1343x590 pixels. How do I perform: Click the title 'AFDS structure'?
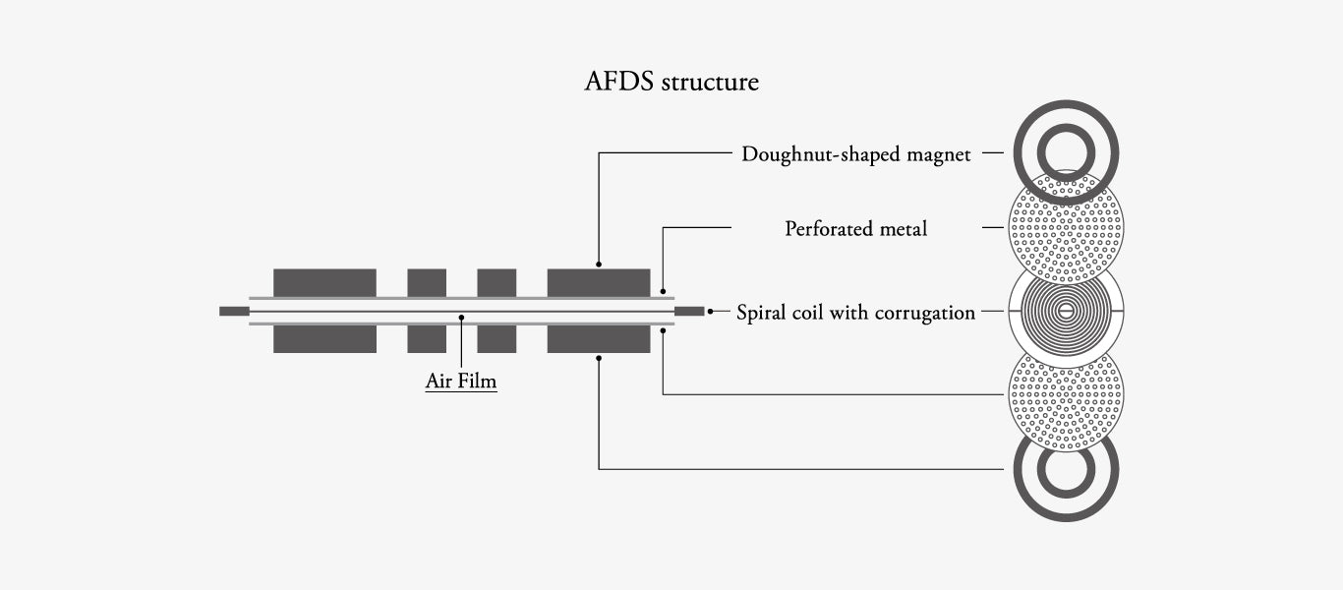pyautogui.click(x=671, y=82)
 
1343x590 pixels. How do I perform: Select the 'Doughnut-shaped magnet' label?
pyautogui.click(x=855, y=154)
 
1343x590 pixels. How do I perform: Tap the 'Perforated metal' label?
pyautogui.click(x=855, y=229)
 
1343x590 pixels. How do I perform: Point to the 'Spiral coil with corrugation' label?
pyautogui.click(x=855, y=313)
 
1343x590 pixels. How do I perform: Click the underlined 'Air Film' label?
pyautogui.click(x=461, y=381)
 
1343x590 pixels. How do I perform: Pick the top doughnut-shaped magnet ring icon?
pyautogui.click(x=1066, y=152)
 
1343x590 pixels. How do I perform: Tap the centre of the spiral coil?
pyautogui.click(x=1066, y=313)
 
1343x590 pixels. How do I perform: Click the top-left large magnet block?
pyautogui.click(x=324, y=282)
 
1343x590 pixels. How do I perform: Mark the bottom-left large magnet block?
pyautogui.click(x=324, y=339)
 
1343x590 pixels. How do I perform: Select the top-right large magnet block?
pyautogui.click(x=599, y=282)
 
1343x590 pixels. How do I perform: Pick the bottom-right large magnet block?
pyautogui.click(x=599, y=339)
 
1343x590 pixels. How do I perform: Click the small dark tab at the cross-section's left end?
pyautogui.click(x=234, y=312)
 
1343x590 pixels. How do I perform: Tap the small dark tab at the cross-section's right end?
pyautogui.click(x=689, y=312)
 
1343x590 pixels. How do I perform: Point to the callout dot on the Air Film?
pyautogui.click(x=461, y=317)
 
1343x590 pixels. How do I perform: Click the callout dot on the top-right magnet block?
pyautogui.click(x=599, y=265)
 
